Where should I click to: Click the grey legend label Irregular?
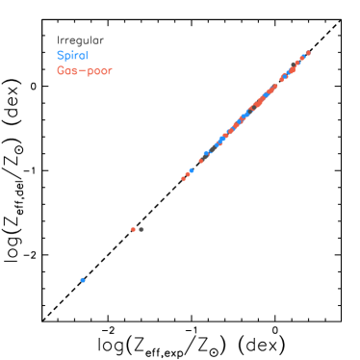pyautogui.click(x=80, y=41)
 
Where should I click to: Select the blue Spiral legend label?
pyautogui.click(x=73, y=56)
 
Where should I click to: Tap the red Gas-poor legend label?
pyautogui.click(x=85, y=70)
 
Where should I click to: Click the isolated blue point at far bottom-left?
pyautogui.click(x=83, y=280)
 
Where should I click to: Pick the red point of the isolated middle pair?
pyautogui.click(x=133, y=229)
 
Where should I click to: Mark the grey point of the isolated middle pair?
pyautogui.click(x=141, y=229)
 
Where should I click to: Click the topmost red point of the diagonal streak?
pyautogui.click(x=308, y=53)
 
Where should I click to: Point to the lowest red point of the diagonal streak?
pyautogui.click(x=183, y=179)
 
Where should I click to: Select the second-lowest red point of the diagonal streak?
pyautogui.click(x=187, y=174)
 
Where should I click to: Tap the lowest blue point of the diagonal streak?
pyautogui.click(x=192, y=170)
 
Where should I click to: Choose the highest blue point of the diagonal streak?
pyautogui.click(x=302, y=58)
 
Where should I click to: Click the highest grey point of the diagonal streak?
pyautogui.click(x=295, y=64)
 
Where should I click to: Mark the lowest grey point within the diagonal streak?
pyautogui.click(x=206, y=154)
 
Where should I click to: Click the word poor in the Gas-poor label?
pyautogui.click(x=100, y=71)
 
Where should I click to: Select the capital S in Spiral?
pyautogui.click(x=61, y=56)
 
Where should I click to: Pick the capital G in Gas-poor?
pyautogui.click(x=61, y=70)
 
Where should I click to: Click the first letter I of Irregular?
pyautogui.click(x=59, y=41)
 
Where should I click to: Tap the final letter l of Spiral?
pyautogui.click(x=88, y=56)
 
